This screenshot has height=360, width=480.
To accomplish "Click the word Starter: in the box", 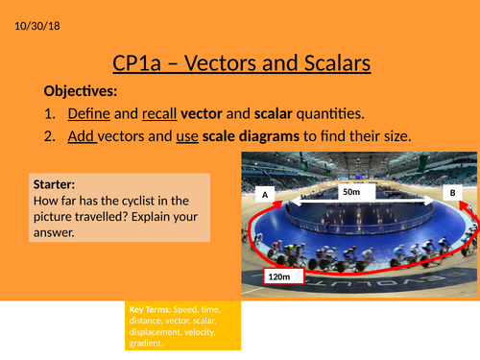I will click(56, 183).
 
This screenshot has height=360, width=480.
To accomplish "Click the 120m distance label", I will click(277, 276).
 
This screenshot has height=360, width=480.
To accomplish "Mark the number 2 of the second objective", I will click(50, 135).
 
